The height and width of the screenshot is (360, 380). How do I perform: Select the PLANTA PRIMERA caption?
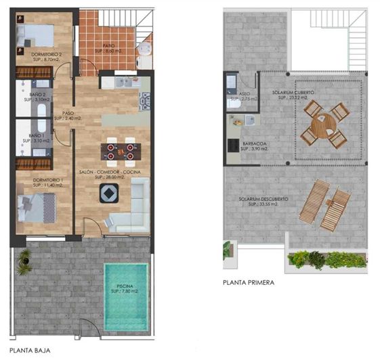(248, 282)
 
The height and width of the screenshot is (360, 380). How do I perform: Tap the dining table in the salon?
(121, 150)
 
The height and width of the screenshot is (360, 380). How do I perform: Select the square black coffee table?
(109, 195)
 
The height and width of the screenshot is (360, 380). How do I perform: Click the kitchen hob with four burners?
(144, 102)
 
